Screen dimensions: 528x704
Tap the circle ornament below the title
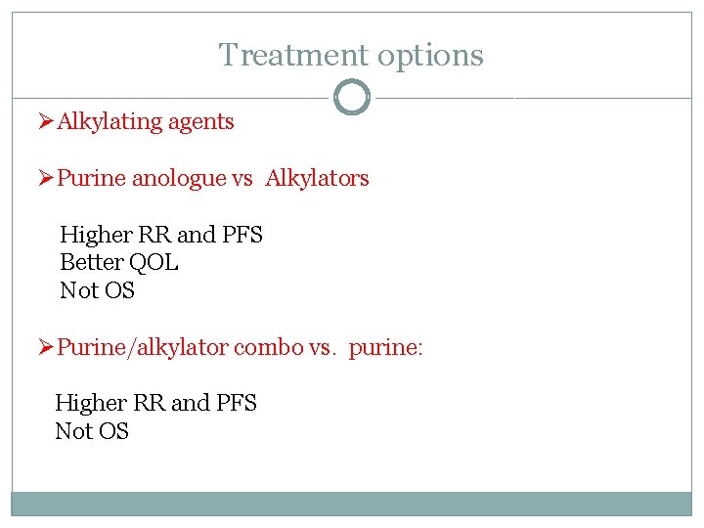[x=351, y=98]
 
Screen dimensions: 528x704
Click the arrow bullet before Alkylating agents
[x=45, y=121]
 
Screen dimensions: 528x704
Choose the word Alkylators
[x=317, y=178]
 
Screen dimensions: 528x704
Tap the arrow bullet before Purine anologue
[x=45, y=178]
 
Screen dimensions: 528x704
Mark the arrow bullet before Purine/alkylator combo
[x=45, y=347]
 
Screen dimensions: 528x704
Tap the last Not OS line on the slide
[x=92, y=431]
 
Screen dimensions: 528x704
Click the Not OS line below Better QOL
[x=97, y=290]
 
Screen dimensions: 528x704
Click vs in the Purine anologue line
[x=242, y=179]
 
